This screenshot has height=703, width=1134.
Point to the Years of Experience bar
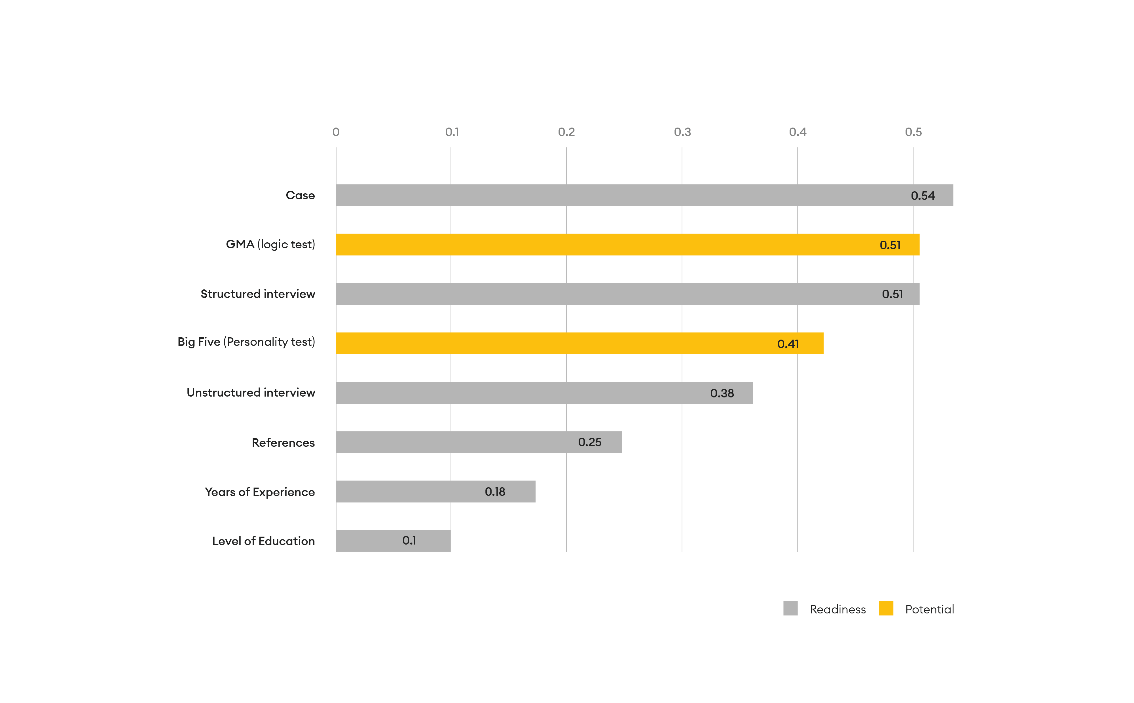tap(436, 492)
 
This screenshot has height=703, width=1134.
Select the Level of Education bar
tap(393, 541)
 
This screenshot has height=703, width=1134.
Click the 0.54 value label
tap(923, 196)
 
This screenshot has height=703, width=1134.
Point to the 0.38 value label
tap(722, 393)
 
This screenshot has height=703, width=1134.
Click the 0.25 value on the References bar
tap(590, 442)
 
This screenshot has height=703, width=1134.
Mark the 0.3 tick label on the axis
tap(682, 132)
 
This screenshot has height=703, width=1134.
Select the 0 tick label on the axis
tap(336, 132)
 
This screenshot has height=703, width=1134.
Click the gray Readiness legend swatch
tap(790, 609)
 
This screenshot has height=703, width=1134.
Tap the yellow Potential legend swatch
tap(886, 609)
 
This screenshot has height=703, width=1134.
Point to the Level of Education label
tap(263, 541)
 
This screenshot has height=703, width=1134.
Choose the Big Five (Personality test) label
tap(246, 342)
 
